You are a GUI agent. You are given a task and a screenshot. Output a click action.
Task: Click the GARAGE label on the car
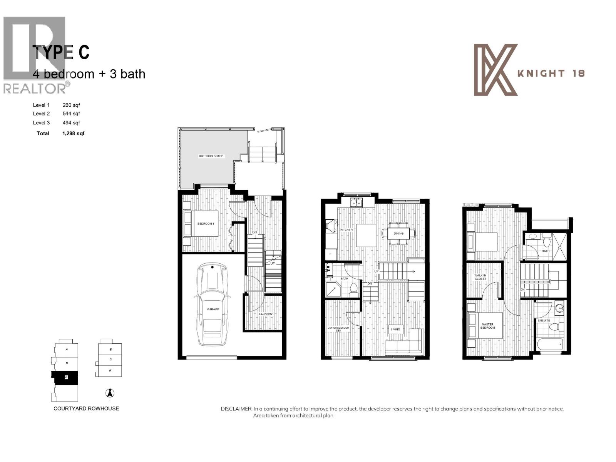[x=213, y=309]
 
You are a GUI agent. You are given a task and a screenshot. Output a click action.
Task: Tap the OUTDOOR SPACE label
[x=211, y=156]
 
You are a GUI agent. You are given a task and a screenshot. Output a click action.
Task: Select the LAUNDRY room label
[x=266, y=314]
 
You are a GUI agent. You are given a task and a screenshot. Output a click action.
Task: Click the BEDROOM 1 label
[x=206, y=224]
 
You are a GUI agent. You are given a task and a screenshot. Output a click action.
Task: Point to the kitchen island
[x=366, y=235]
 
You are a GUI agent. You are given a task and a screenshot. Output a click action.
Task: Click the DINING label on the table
[x=398, y=233]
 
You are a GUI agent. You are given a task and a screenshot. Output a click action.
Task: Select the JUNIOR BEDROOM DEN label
[x=339, y=329]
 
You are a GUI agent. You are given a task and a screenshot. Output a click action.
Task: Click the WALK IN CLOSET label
[x=480, y=277]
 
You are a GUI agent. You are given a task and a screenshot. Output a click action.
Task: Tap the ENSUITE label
[x=544, y=320]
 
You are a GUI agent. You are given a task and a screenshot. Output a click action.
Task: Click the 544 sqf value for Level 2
[x=71, y=114]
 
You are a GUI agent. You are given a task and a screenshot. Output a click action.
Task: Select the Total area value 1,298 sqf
[x=73, y=133]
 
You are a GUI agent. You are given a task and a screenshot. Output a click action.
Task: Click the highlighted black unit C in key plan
[x=66, y=377]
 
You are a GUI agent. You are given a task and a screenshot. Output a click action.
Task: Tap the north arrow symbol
[x=110, y=393]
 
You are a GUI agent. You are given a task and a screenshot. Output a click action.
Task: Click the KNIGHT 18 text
[x=551, y=73]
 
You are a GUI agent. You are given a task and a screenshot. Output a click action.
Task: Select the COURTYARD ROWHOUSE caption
[x=86, y=408]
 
